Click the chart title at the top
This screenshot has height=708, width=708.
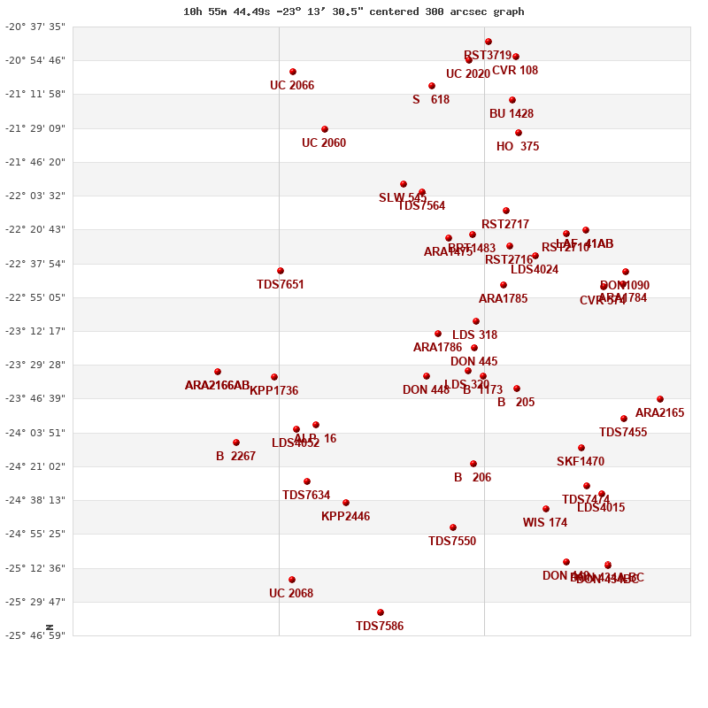point(353,12)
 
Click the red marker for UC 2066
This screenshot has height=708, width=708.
point(293,72)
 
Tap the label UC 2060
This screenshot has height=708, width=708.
point(324,143)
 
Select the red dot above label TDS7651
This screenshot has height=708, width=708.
point(281,271)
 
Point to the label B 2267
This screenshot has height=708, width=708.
point(235,457)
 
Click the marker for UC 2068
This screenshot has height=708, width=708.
point(292,580)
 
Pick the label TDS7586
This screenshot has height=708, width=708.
point(380,627)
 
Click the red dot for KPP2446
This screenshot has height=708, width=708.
point(346,503)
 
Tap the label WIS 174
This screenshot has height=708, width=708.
point(545,523)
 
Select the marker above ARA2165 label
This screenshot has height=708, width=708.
point(660,399)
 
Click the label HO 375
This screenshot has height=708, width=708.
point(518,147)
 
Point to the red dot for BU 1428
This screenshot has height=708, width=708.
point(512,100)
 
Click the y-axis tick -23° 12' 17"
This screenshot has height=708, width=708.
point(35,331)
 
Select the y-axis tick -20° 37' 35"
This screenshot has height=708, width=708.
point(35,27)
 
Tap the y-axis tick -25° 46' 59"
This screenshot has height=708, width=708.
point(35,635)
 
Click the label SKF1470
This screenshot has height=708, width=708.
point(581,462)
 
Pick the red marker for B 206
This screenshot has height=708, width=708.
point(473,464)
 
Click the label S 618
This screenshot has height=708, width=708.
point(431,100)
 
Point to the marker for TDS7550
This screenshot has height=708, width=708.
point(453,527)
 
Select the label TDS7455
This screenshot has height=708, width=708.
point(623,433)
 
